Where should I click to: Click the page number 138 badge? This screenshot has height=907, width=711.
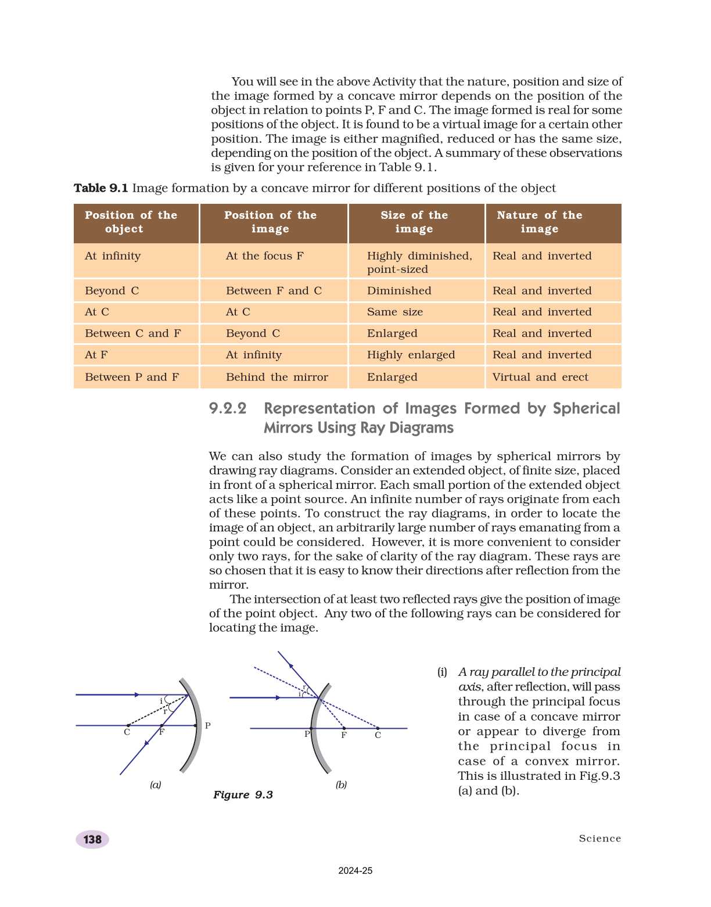click(x=92, y=839)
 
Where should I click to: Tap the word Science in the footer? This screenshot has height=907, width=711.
click(x=599, y=838)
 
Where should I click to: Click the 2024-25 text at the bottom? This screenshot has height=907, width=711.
click(x=355, y=870)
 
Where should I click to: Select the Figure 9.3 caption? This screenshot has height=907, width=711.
click(x=243, y=794)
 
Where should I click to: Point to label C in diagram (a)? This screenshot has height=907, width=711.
click(x=127, y=732)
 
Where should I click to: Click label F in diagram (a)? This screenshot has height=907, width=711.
click(x=161, y=732)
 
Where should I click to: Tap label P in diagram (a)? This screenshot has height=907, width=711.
click(x=207, y=725)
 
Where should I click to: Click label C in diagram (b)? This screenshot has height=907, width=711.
click(x=378, y=736)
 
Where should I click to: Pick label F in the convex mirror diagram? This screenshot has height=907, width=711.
click(x=344, y=736)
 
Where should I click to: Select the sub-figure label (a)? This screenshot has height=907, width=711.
click(x=156, y=784)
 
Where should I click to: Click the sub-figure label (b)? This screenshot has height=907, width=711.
click(x=341, y=784)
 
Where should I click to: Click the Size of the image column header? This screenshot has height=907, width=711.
click(x=415, y=222)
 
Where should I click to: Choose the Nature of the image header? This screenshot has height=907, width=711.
click(x=539, y=222)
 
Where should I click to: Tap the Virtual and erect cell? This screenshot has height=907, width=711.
click(x=540, y=377)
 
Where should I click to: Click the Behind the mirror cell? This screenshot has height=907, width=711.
click(x=277, y=377)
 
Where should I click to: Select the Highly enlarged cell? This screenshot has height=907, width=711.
click(x=411, y=355)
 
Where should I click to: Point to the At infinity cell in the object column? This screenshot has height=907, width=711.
click(x=113, y=256)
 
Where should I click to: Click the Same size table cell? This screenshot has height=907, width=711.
click(x=395, y=312)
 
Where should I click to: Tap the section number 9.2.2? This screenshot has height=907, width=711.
click(x=228, y=409)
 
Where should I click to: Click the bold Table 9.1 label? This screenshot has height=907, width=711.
click(x=100, y=188)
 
